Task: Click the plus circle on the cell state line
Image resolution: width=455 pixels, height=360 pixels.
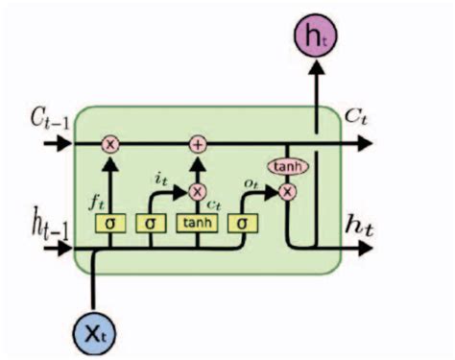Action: point(198,144)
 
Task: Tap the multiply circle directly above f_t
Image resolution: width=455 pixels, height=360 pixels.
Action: point(110,144)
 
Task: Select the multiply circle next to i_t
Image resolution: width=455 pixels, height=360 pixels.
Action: point(198,191)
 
